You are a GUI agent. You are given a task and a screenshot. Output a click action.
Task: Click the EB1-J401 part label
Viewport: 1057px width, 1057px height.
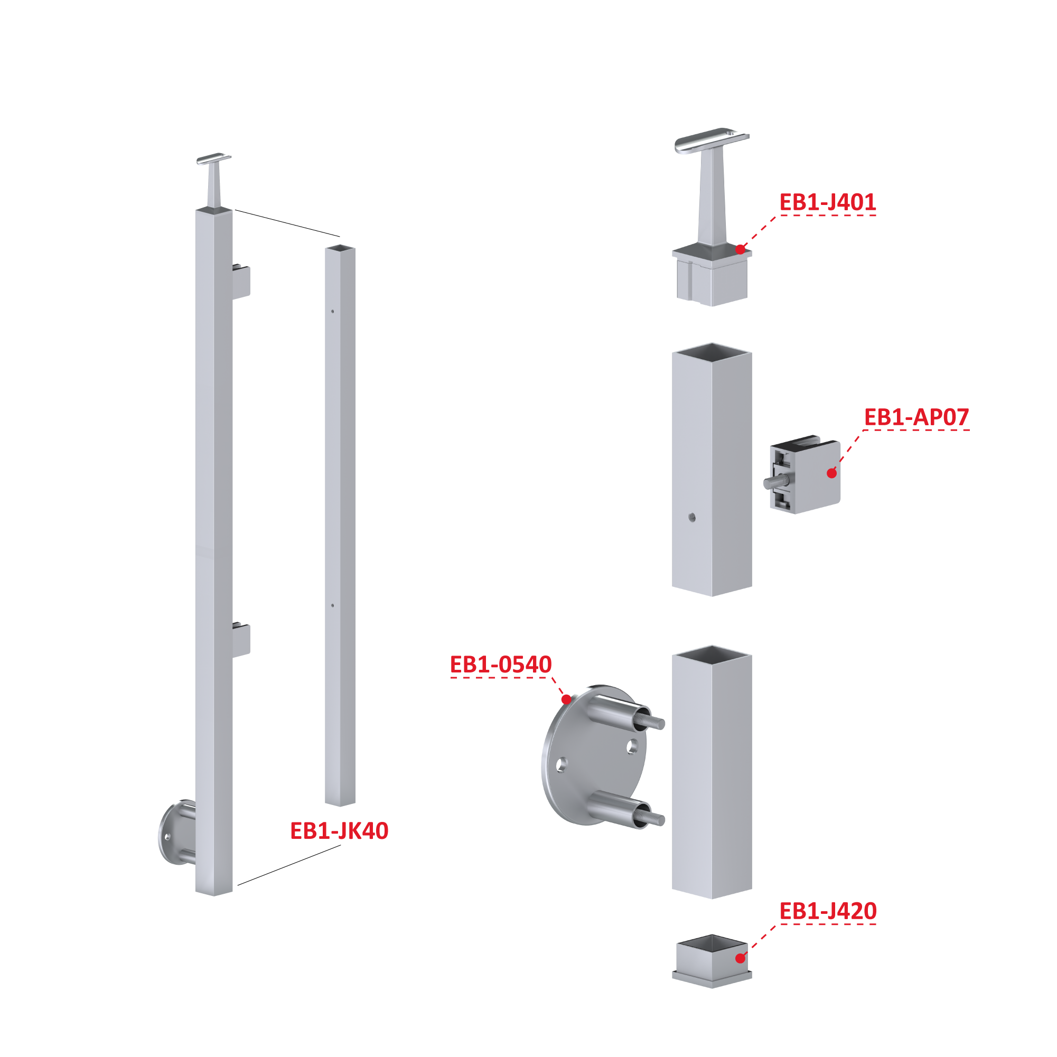coord(827,202)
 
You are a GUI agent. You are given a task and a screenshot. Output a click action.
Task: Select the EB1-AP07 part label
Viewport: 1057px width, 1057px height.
coord(916,417)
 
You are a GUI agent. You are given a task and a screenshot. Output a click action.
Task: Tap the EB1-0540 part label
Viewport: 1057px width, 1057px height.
coord(501,664)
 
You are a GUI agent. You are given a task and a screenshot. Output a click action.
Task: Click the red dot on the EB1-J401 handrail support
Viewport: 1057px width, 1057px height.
coord(740,249)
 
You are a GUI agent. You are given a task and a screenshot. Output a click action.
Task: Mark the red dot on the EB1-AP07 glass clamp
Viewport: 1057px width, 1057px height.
coord(831,473)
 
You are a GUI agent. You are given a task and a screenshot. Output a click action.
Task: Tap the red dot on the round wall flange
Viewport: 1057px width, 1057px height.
coord(566,699)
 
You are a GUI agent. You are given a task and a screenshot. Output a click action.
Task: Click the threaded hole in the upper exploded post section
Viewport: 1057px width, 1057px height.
coord(692,517)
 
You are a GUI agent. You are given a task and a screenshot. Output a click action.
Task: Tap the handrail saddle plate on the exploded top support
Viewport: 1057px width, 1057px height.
coord(712,140)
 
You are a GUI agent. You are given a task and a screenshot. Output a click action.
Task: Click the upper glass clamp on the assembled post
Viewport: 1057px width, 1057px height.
coord(241,282)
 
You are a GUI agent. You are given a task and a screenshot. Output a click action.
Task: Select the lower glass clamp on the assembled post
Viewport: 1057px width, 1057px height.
coord(241,640)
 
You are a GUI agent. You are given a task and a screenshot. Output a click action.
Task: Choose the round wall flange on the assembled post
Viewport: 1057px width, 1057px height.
coord(176,832)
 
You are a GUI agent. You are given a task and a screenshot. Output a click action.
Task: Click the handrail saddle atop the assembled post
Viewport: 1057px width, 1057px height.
coord(214,158)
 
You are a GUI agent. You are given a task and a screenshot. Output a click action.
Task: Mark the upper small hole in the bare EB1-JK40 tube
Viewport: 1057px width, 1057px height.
coord(333,311)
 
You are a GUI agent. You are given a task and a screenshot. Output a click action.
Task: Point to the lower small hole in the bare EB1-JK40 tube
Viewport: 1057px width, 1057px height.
coord(333,605)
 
